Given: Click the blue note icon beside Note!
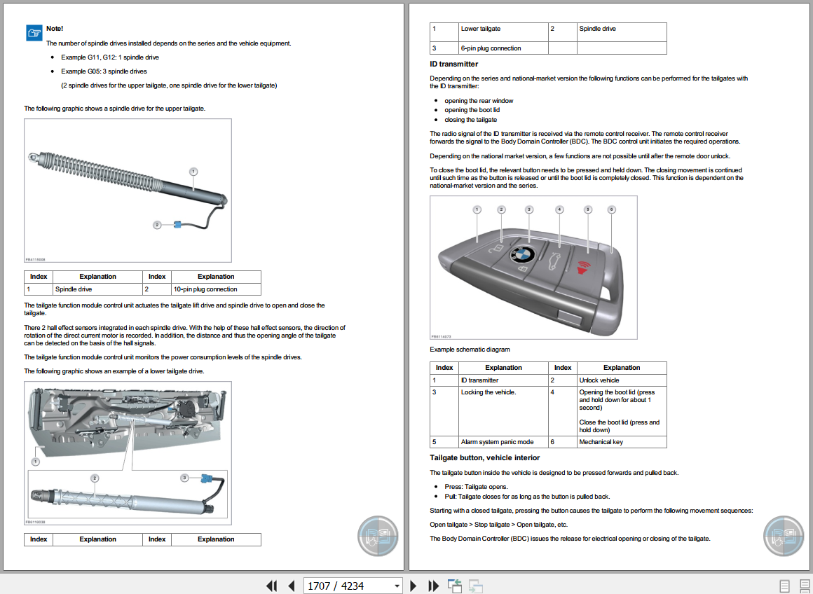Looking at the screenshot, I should pyautogui.click(x=34, y=32).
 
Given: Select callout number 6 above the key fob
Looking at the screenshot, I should pyautogui.click(x=611, y=209).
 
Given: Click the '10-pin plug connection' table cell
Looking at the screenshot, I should pyautogui.click(x=205, y=289).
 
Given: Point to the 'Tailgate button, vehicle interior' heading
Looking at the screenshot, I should pyautogui.click(x=484, y=457).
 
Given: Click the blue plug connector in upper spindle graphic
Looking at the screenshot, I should pyautogui.click(x=178, y=225).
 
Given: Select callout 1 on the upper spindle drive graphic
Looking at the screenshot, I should pyautogui.click(x=193, y=171).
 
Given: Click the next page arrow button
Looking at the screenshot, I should pyautogui.click(x=414, y=586).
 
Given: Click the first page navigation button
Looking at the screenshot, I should pyautogui.click(x=271, y=586).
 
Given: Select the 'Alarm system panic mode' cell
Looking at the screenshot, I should pyautogui.click(x=497, y=442).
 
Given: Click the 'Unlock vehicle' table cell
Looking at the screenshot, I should pyautogui.click(x=599, y=380).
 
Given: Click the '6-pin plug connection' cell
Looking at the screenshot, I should pyautogui.click(x=491, y=48).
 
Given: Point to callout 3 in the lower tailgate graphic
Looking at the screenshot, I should pyautogui.click(x=184, y=477).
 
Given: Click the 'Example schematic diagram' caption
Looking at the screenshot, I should pyautogui.click(x=470, y=350).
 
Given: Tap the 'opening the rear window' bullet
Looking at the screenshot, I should pyautogui.click(x=479, y=101).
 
